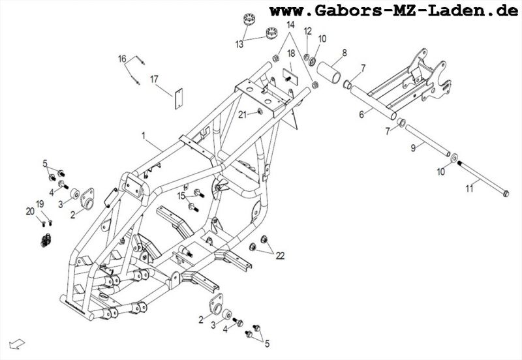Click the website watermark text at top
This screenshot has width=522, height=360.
395,11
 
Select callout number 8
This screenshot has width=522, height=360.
344,52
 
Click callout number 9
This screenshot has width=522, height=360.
412,149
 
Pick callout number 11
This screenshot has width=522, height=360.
468,188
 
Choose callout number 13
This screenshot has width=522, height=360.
239,44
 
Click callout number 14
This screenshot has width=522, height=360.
290,25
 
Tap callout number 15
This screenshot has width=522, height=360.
181,195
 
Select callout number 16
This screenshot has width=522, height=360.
122,59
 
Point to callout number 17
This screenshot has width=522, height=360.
155,80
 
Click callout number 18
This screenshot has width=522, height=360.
291,53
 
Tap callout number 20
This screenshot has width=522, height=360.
29,211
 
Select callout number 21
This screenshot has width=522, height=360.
241,115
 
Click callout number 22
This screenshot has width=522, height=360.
280,256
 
